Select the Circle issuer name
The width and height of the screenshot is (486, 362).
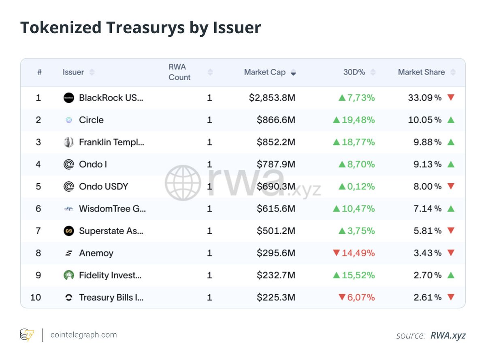(91, 120)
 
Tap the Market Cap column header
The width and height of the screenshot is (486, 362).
(264, 72)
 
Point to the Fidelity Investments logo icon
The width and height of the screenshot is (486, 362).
(69, 275)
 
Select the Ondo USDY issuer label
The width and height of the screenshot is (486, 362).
(103, 186)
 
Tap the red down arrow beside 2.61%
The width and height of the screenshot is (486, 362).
(451, 297)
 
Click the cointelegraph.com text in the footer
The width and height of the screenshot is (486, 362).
(83, 335)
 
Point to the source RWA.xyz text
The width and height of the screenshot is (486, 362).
(431, 335)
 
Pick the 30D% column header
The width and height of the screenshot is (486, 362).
(354, 72)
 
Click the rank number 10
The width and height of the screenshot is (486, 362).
(36, 298)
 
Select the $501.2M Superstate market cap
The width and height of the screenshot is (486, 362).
(276, 231)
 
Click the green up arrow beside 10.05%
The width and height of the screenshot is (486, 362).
(451, 120)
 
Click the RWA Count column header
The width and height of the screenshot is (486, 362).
(179, 72)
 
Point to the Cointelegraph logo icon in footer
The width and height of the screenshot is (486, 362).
(27, 335)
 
